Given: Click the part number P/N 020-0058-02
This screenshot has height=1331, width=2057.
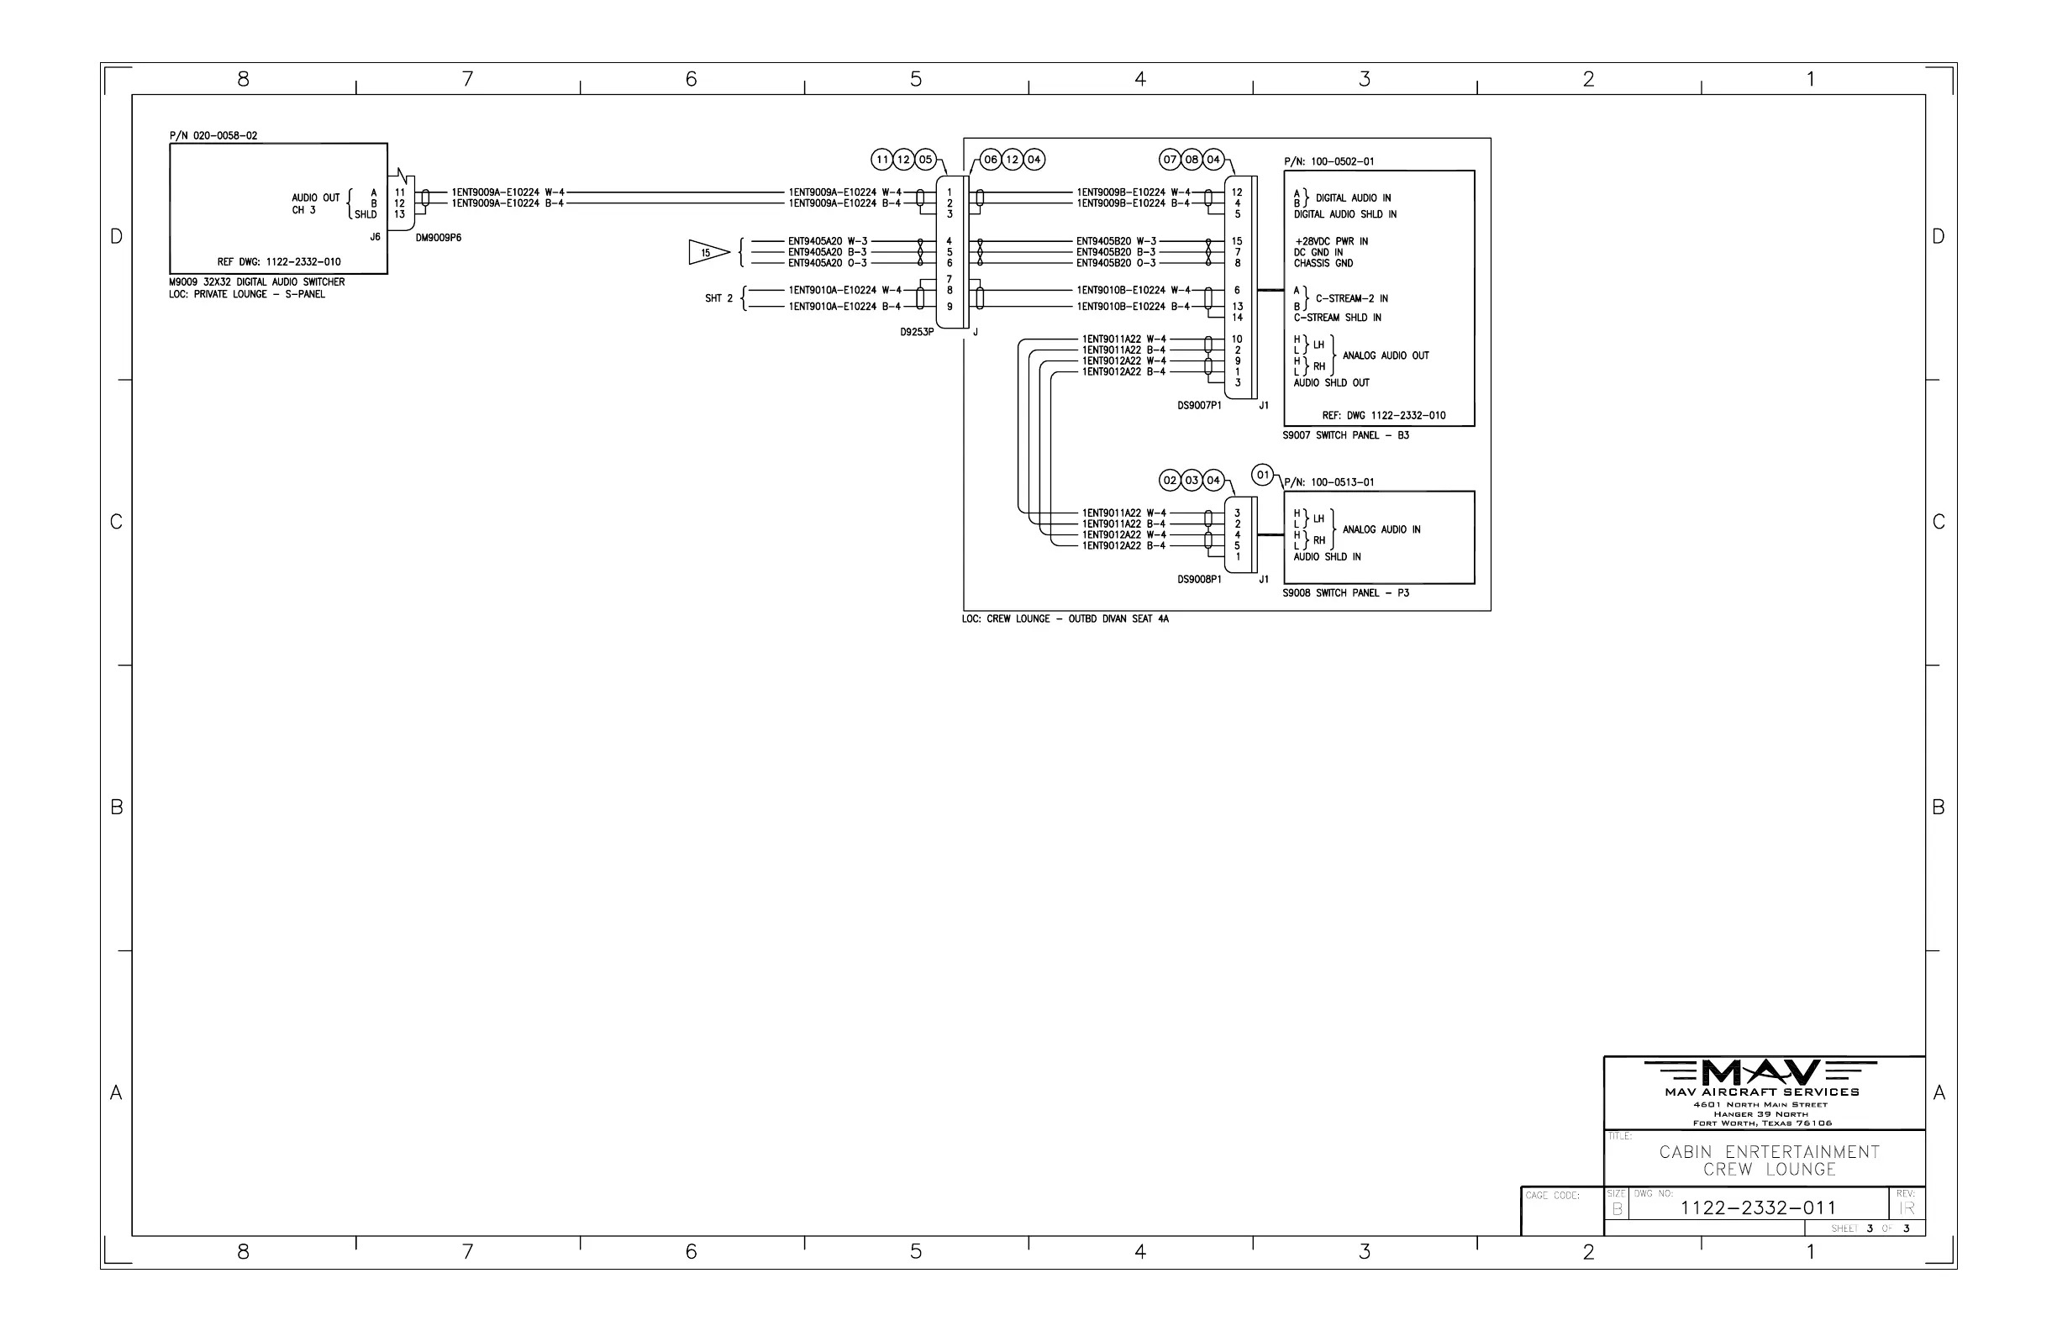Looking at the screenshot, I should click(x=213, y=135).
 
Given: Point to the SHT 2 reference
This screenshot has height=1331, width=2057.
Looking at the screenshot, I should click(x=718, y=298).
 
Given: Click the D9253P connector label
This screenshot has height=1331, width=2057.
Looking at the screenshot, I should click(x=917, y=332).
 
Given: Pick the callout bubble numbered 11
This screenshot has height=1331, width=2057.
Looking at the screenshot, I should click(x=881, y=159).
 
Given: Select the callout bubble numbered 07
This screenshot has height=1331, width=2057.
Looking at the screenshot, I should click(x=1170, y=159).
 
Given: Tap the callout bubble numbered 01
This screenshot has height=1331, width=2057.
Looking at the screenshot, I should click(x=1263, y=475).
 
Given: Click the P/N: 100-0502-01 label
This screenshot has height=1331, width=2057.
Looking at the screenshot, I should click(x=1328, y=161).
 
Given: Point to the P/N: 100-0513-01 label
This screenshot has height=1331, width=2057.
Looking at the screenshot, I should click(x=1328, y=482).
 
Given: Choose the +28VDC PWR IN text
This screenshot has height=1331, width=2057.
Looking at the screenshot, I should click(x=1330, y=241).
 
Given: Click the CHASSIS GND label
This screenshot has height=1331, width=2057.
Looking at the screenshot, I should click(x=1323, y=264).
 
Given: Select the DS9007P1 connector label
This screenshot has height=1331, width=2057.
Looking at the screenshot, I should click(x=1199, y=405).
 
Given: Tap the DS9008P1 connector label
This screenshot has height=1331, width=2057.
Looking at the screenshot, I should click(x=1199, y=579).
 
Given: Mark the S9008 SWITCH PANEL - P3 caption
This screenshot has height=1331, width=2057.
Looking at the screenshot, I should click(x=1344, y=593).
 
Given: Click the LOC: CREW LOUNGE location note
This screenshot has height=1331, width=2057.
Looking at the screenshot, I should click(x=1065, y=618).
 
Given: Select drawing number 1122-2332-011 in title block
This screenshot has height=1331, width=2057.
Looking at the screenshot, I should click(x=1758, y=1207).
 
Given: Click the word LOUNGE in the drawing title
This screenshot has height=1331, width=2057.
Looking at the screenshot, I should click(x=1801, y=1170).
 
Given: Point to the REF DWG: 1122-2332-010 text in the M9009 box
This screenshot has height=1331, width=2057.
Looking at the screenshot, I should click(x=278, y=262).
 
